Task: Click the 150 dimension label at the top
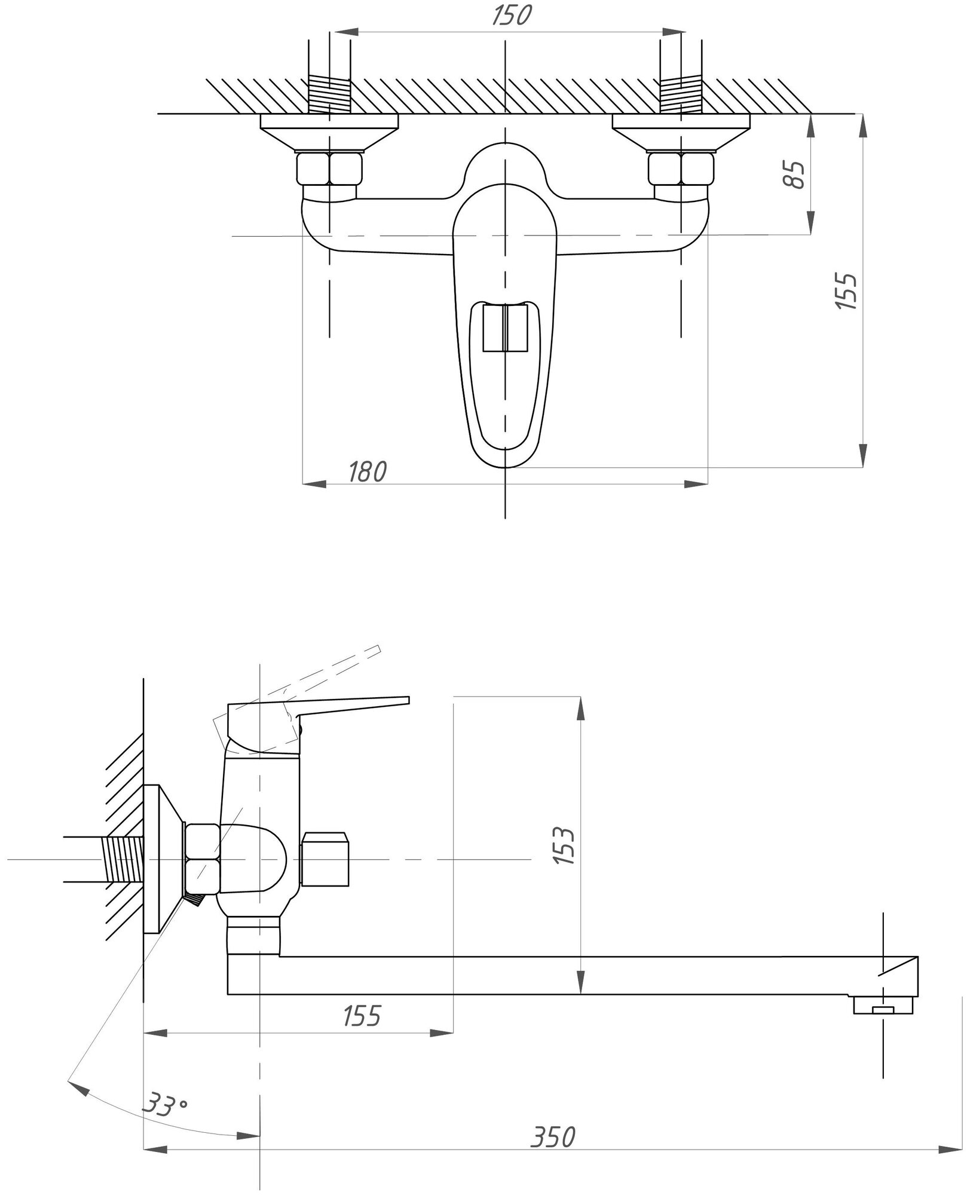(511, 15)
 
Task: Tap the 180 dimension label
(368, 471)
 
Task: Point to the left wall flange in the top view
(329, 131)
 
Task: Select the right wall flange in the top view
(681, 131)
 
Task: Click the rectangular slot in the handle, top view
(506, 327)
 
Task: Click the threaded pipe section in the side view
(124, 859)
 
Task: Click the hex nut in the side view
(203, 859)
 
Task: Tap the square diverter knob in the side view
(325, 859)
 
